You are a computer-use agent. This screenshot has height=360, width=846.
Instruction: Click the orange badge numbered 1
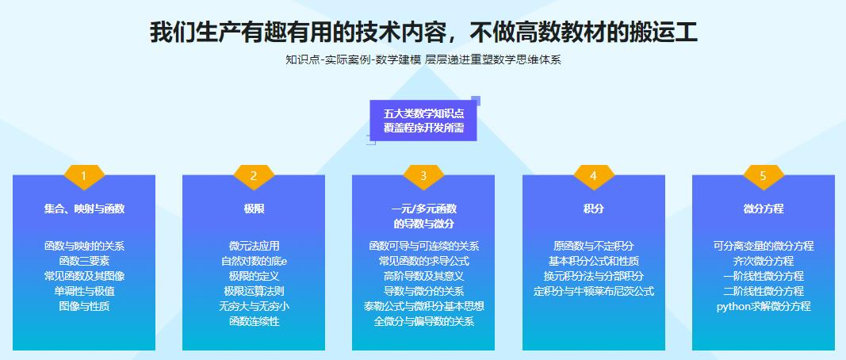click(x=83, y=177)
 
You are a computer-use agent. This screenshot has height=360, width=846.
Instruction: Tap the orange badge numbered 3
click(x=423, y=177)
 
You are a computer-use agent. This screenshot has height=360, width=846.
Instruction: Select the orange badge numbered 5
click(x=763, y=177)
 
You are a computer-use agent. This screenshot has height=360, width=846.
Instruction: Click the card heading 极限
click(x=254, y=209)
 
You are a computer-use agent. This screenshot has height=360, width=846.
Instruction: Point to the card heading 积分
click(x=594, y=209)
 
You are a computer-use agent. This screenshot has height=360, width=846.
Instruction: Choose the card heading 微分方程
click(x=764, y=209)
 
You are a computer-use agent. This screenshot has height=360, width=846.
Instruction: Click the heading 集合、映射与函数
click(x=84, y=209)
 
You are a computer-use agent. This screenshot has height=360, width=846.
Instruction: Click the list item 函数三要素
click(x=84, y=261)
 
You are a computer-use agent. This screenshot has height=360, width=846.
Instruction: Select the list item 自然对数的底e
click(x=254, y=261)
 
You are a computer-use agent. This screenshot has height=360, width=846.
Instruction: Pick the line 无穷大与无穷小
click(x=254, y=307)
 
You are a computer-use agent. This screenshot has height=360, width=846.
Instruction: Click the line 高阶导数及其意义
click(x=423, y=276)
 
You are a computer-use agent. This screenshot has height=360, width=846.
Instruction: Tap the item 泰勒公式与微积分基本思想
click(x=423, y=307)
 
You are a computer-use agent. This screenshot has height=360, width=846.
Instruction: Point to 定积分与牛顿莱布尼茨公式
click(x=594, y=292)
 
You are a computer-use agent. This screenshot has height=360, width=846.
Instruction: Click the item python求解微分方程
click(x=764, y=307)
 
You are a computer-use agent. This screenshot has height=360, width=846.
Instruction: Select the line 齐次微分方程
click(x=764, y=261)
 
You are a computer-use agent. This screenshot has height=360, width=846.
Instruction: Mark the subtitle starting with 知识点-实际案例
click(x=423, y=59)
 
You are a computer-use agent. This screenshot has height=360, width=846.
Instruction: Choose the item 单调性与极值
click(x=84, y=292)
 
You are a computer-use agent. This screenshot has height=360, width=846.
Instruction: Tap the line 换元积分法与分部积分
click(x=594, y=276)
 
